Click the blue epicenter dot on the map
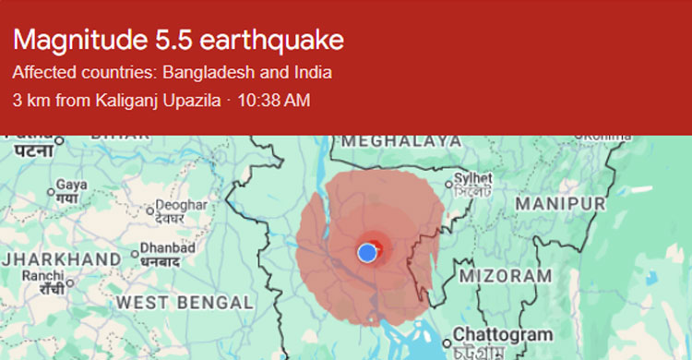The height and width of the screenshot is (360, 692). (367, 252)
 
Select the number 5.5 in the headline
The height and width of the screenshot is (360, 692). (171, 41)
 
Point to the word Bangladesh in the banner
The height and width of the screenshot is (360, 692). (204, 73)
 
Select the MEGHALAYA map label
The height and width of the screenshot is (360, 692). (401, 140)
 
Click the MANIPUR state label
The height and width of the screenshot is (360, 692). (560, 202)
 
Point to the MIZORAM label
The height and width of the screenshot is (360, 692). (507, 275)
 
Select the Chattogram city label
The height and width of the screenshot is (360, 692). (502, 333)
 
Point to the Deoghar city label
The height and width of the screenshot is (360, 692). (181, 205)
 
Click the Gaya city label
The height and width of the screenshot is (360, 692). (71, 185)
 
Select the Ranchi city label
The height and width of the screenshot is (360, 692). (43, 275)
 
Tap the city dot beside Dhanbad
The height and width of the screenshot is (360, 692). (135, 252)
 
